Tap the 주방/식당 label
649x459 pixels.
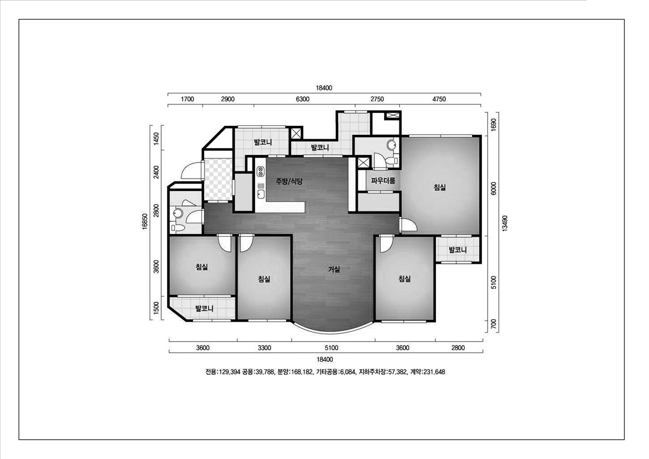pos(289,181)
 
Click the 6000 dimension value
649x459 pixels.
pos(493,188)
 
